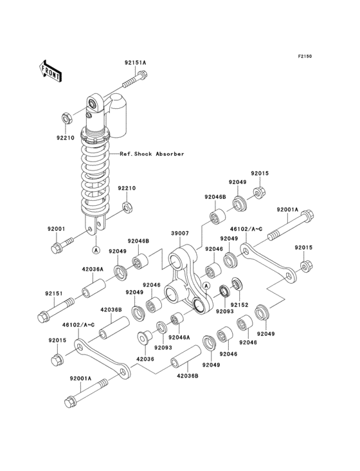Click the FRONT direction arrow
click(50, 71)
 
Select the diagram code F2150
click(305, 56)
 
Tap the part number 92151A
click(135, 63)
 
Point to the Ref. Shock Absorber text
click(152, 154)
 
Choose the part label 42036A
click(93, 270)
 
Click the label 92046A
click(179, 337)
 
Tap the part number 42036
click(145, 358)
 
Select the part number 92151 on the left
click(54, 293)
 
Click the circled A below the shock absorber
click(96, 250)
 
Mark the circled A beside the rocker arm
click(206, 286)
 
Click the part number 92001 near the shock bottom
click(56, 228)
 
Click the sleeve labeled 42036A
click(94, 288)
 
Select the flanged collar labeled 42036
click(143, 337)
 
